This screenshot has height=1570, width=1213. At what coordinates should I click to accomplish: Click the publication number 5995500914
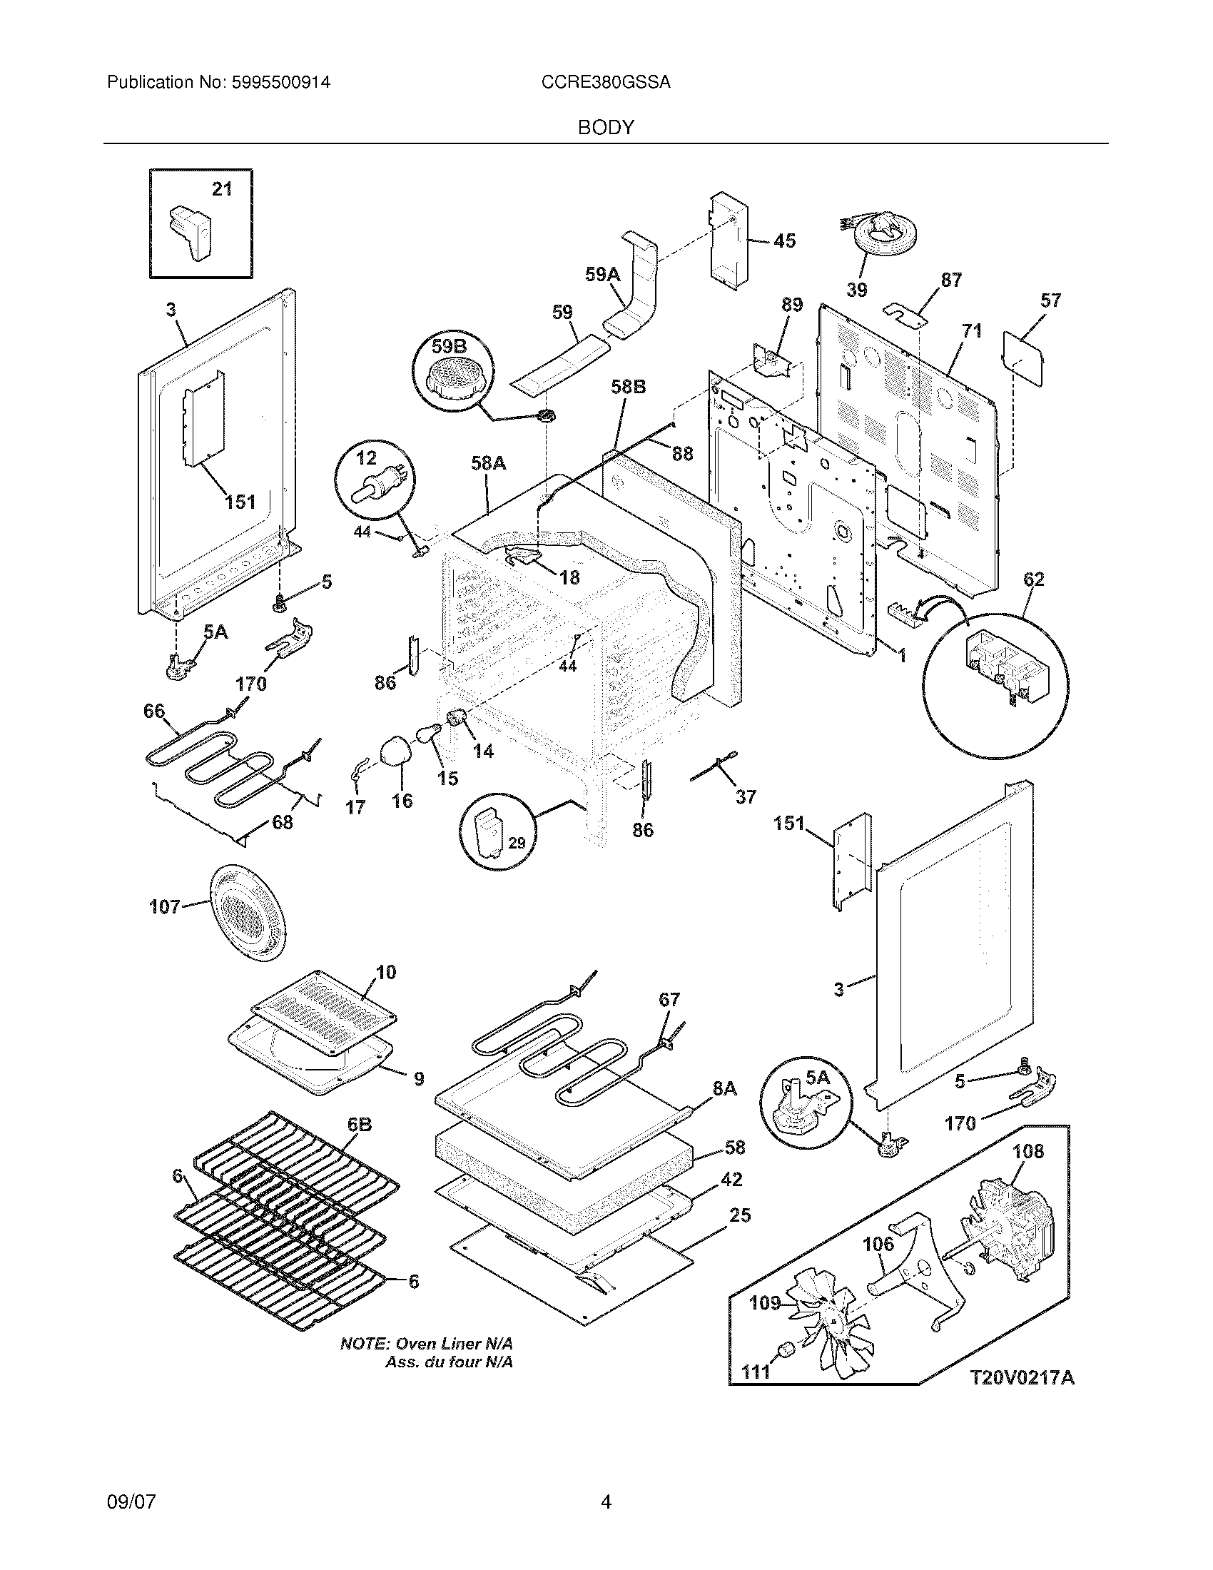point(281,83)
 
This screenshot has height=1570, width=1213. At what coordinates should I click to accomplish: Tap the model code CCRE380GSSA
point(606,83)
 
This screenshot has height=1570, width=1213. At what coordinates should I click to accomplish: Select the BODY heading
point(606,128)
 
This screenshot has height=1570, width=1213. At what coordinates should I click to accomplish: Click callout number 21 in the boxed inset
point(222,189)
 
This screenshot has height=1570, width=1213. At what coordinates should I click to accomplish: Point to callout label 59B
point(449,348)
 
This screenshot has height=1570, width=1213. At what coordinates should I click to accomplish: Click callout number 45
point(784,240)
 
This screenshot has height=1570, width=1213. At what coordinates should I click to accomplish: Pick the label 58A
point(489,464)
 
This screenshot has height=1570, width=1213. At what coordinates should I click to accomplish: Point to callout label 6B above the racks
point(360,1125)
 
